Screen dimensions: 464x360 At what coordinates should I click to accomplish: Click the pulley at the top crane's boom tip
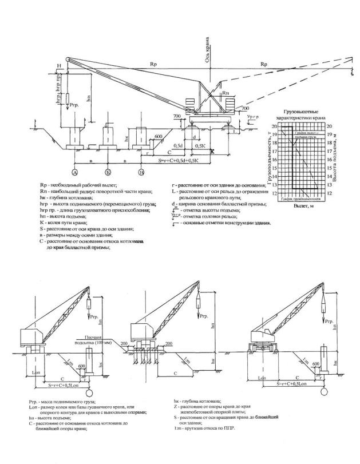68,59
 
